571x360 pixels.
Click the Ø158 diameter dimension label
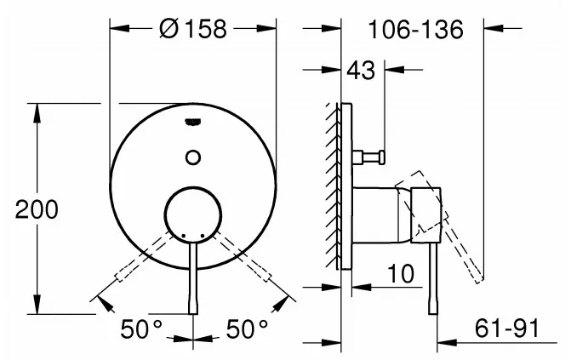click(x=193, y=28)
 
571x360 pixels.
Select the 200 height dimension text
click(x=37, y=209)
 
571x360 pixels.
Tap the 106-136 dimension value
click(x=415, y=29)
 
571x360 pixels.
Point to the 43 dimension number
click(x=361, y=71)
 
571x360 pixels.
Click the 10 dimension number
click(x=401, y=274)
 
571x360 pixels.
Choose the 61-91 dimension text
click(x=506, y=329)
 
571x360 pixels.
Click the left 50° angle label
click(x=141, y=329)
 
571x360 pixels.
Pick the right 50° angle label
click(x=247, y=329)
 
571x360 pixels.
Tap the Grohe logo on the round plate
click(x=193, y=122)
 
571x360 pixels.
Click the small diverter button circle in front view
click(x=193, y=157)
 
